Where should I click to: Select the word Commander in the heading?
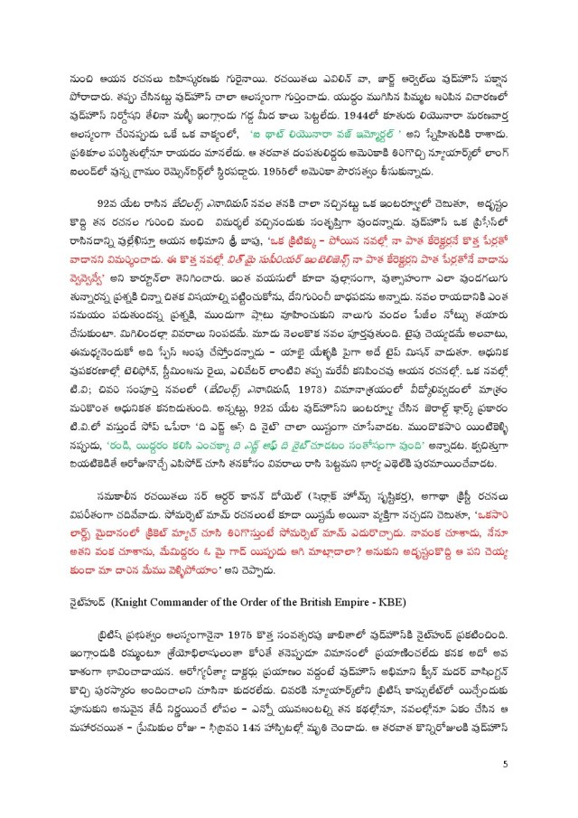coord(185,601)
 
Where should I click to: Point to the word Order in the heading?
coord(263,601)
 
